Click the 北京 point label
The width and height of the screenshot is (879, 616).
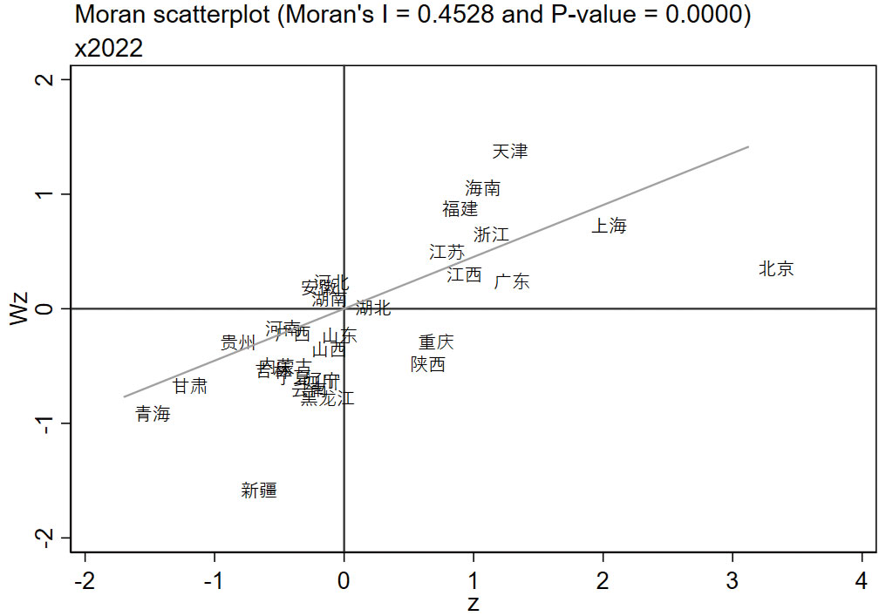(776, 269)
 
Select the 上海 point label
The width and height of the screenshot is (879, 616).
(610, 227)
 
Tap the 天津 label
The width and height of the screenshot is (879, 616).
(510, 152)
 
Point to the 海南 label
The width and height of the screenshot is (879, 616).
(483, 188)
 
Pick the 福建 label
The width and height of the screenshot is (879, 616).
(460, 209)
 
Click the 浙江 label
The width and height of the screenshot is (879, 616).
(492, 234)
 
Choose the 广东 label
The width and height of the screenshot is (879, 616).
(512, 282)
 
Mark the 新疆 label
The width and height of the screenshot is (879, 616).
(259, 491)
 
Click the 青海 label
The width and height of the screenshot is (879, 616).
(153, 415)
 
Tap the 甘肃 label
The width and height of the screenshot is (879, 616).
(190, 386)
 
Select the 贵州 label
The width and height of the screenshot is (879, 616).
(238, 342)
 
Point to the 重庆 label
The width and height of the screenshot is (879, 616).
(436, 342)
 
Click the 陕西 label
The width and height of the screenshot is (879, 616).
(428, 364)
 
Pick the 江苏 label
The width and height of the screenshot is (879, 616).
(447, 253)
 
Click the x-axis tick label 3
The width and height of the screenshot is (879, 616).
(732, 581)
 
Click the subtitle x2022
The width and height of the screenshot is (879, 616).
(109, 49)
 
